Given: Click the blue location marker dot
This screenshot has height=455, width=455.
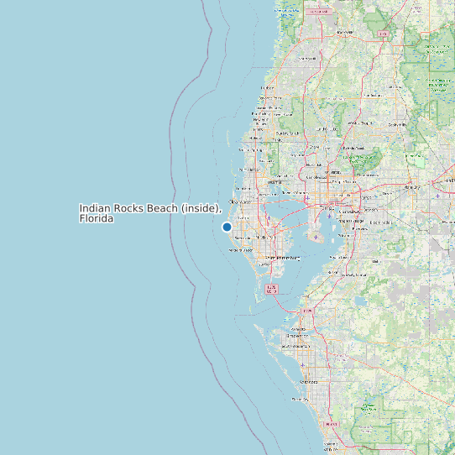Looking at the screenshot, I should coord(227,227).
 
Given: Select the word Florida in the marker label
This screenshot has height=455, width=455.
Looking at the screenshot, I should coord(97,218).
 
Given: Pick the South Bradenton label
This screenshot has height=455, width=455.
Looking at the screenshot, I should coord(295,346).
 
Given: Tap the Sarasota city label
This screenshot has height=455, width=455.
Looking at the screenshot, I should coord(309,381).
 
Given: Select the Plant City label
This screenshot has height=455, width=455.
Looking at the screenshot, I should coord(411,187).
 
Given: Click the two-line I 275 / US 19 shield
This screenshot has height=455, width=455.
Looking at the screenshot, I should coord(271,289).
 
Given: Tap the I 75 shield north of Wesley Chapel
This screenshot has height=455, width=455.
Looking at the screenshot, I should coord(383,34).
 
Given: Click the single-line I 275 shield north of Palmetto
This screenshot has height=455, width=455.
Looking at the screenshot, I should coord(307,311).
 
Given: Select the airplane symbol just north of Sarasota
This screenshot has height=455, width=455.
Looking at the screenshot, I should coord(303,365).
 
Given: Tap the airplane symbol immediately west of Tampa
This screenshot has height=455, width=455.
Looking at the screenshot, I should coord(307,198).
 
